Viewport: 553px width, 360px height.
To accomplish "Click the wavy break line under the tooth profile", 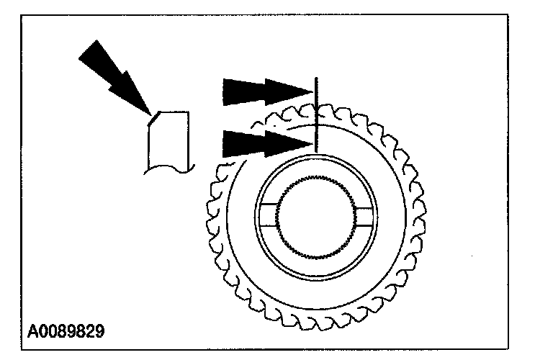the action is tap(170, 168).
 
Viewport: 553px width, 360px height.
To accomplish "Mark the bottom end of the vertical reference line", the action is tap(316, 153).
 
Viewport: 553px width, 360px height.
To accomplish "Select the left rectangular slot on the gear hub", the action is tap(270, 214).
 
